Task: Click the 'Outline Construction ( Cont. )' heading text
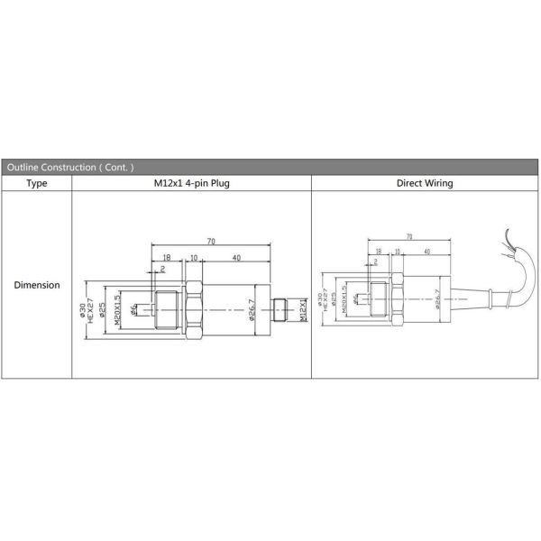tap(69, 168)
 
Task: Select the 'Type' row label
tap(37, 183)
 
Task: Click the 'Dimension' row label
tap(37, 285)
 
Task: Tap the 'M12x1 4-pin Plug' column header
tap(191, 183)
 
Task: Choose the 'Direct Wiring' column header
tap(425, 183)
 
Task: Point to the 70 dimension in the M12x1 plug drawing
tap(211, 243)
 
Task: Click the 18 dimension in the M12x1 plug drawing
tap(168, 257)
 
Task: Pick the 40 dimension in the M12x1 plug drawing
tap(236, 257)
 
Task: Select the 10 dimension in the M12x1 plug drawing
tap(193, 257)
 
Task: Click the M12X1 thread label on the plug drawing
tap(303, 312)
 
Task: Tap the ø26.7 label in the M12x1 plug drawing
tap(253, 312)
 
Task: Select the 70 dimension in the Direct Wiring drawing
tap(410, 236)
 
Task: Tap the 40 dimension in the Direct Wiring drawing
tap(426, 252)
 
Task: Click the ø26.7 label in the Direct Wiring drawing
tap(436, 297)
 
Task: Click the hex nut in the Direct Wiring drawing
tap(395, 297)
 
